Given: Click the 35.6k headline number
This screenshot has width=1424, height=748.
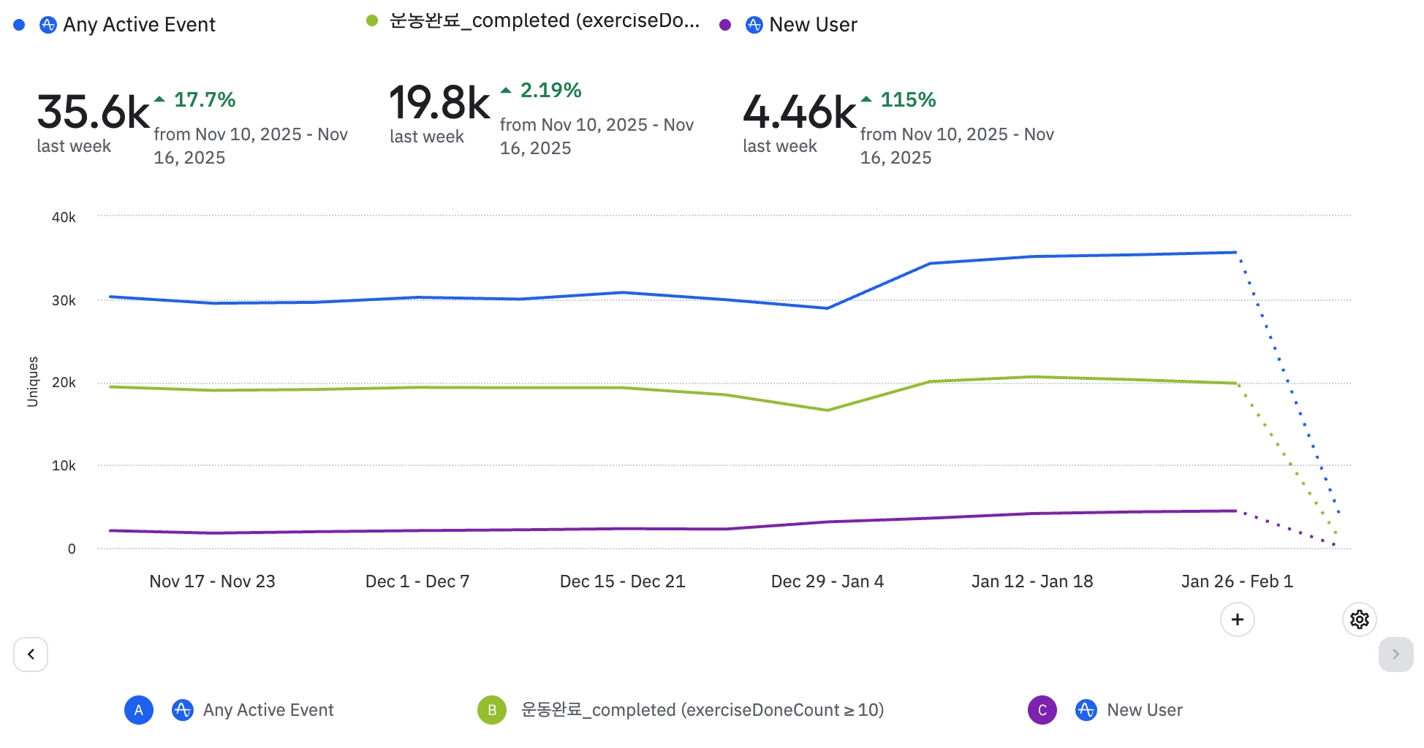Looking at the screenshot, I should (x=93, y=112).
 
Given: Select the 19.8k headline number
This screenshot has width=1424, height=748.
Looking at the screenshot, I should (x=439, y=103).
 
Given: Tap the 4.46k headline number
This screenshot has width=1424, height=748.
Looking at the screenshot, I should (x=799, y=112).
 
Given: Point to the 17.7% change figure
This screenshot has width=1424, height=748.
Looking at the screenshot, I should (x=204, y=100).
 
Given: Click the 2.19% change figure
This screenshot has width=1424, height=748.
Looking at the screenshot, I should (x=550, y=91).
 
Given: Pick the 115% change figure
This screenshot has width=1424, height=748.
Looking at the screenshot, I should (x=907, y=100).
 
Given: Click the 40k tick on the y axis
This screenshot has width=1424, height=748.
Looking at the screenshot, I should (x=64, y=217).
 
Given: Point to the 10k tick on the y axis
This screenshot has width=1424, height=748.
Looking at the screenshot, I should (x=64, y=466).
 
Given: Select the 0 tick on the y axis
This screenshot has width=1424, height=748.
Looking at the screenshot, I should (x=72, y=549).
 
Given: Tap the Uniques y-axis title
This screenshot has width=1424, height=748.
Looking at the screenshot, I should (x=33, y=381).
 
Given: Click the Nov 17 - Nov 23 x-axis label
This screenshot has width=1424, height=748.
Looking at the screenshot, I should (x=212, y=581).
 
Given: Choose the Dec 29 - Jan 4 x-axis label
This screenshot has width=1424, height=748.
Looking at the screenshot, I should (x=827, y=581).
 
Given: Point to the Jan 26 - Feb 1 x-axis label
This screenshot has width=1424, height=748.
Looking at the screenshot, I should (x=1237, y=581).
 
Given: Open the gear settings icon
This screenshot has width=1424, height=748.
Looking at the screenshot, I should (x=1359, y=619).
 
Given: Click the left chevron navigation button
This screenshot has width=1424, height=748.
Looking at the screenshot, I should (x=31, y=654).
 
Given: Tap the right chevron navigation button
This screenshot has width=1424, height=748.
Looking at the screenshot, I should (x=1395, y=654).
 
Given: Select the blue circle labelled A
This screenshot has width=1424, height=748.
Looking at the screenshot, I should (x=139, y=710).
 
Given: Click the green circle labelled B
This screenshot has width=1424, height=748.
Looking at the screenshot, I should (x=492, y=710).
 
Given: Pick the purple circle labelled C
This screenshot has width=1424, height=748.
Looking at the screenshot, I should (x=1042, y=710).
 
